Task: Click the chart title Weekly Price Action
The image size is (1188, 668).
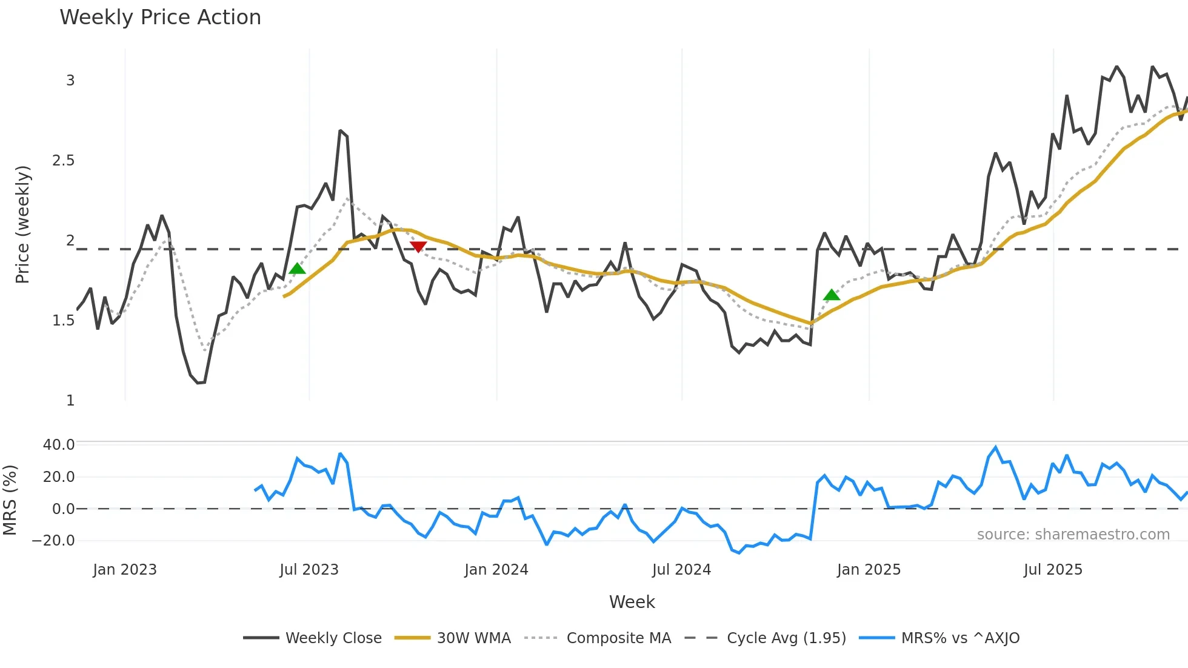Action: [160, 18]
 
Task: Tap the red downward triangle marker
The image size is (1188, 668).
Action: [418, 246]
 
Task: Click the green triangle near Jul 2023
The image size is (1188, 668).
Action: [297, 269]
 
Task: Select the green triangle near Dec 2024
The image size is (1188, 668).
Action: [832, 295]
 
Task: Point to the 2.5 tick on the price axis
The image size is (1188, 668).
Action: [63, 161]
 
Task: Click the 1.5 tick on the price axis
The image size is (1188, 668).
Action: [63, 321]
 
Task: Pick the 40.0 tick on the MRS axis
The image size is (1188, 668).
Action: [59, 445]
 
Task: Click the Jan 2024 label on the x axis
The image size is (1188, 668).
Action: [496, 570]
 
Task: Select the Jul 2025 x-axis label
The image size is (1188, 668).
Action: [1053, 570]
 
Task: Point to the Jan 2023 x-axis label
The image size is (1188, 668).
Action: [125, 570]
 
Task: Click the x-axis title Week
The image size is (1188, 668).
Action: [632, 602]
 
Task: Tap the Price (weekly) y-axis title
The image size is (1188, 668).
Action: [22, 224]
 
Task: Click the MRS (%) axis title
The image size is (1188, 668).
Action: [10, 500]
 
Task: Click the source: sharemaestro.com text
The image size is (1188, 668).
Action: [1073, 535]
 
